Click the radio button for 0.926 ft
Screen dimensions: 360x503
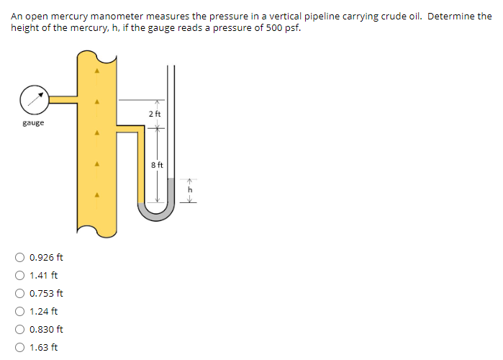point(21,257)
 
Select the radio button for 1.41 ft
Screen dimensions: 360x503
point(21,275)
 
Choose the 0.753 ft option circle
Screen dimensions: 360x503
point(21,293)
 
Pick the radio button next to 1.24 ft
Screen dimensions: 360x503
point(21,311)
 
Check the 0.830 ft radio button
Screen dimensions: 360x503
point(21,329)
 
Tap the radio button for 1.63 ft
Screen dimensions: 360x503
point(21,347)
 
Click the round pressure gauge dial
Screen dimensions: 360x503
point(34,100)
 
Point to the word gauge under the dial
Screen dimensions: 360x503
point(33,123)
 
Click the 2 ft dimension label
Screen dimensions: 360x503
point(155,114)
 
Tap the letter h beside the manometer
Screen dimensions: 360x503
point(191,189)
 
